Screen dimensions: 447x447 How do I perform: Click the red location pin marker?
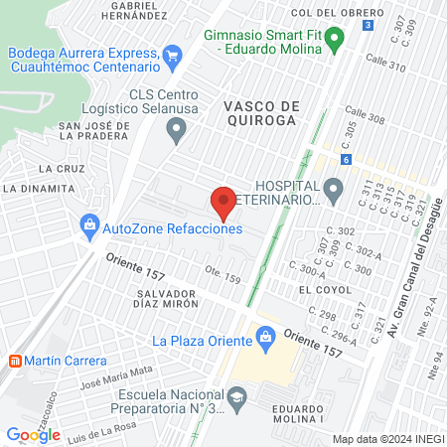pos(223,202)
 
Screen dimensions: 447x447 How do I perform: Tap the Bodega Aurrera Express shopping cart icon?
pos(173,57)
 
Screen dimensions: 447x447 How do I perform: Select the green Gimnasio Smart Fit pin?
pos(336,41)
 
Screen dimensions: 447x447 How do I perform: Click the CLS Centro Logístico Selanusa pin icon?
pos(177,126)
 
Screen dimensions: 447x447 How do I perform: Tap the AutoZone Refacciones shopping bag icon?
pos(90,227)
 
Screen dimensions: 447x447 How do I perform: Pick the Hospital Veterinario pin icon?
pos(333,186)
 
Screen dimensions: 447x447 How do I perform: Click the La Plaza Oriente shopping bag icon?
pos(265,341)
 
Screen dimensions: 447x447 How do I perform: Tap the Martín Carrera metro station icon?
pos(14,360)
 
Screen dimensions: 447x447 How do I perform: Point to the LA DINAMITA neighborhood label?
pos(34,188)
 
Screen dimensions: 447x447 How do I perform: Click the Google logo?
pos(33,434)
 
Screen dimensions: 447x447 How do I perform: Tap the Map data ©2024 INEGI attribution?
pos(386,439)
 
